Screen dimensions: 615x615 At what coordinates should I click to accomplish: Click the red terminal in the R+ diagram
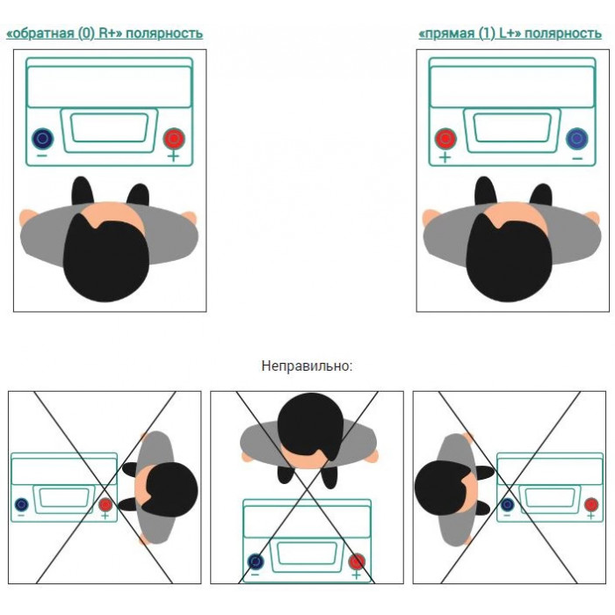pos(174,138)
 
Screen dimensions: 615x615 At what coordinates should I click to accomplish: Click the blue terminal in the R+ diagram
pos(43,139)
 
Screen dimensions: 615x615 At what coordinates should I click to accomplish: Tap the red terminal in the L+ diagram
pos(445,139)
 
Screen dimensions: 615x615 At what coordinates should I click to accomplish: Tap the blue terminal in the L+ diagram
pos(577,139)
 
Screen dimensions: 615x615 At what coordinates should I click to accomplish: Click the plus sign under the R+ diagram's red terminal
pos(173,157)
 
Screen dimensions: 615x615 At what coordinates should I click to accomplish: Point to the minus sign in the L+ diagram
pos(577,158)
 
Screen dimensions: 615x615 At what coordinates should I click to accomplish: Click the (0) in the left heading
pos(86,33)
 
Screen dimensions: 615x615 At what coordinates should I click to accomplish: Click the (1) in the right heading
pos(487,33)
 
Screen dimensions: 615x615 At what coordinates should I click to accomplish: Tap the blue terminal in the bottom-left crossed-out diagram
pos(21,504)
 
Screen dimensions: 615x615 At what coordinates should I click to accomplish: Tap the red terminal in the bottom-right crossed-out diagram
pos(591,504)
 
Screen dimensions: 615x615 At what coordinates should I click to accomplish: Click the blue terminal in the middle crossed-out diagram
pos(256,561)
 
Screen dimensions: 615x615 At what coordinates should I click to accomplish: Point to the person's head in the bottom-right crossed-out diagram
pos(446,488)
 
